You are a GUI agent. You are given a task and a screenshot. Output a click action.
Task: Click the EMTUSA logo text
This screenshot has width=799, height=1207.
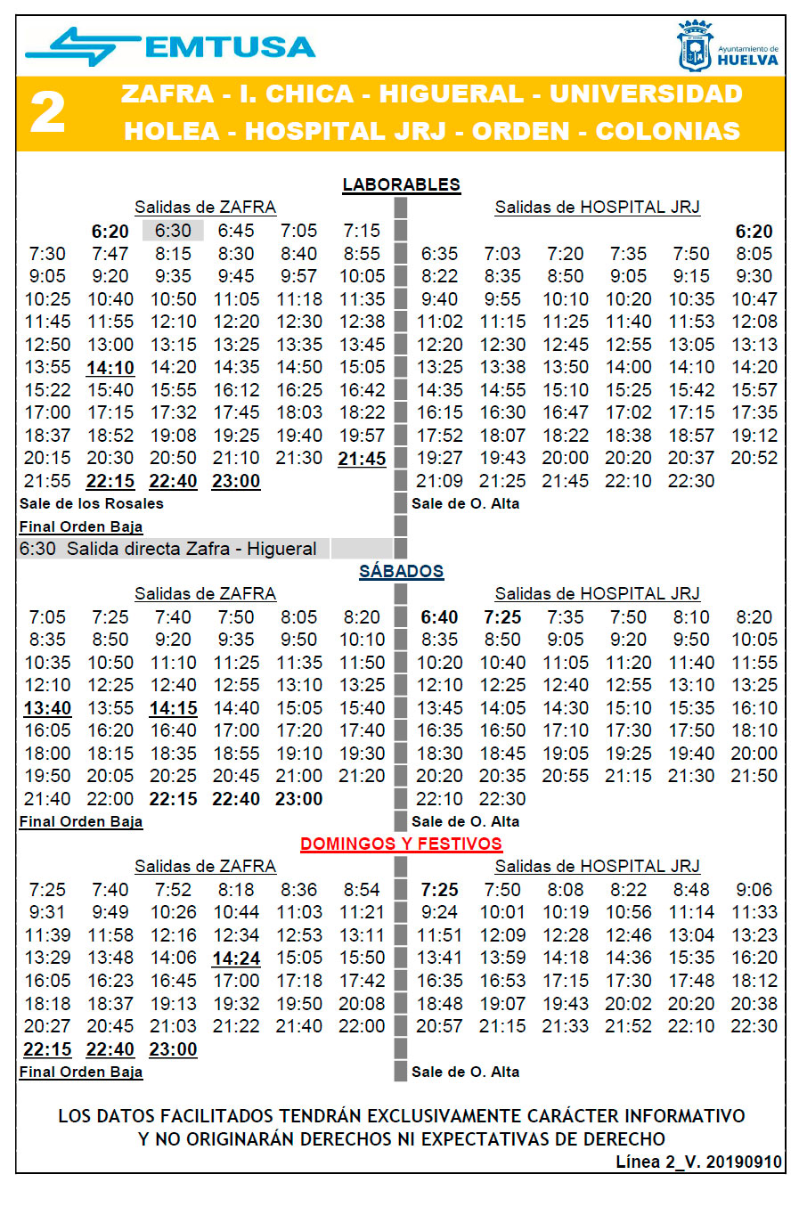[230, 46]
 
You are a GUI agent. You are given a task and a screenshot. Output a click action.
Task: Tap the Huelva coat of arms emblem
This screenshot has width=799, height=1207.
[695, 46]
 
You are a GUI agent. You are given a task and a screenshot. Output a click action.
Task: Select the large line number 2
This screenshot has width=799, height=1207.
[47, 113]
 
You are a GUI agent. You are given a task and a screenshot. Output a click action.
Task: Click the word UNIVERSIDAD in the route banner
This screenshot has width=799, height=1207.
[646, 94]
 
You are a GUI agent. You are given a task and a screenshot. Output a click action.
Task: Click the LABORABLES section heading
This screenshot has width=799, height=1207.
[402, 184]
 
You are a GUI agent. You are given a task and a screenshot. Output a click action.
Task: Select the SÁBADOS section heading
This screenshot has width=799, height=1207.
[402, 571]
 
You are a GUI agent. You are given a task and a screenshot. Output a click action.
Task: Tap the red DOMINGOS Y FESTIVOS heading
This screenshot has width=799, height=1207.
[401, 844]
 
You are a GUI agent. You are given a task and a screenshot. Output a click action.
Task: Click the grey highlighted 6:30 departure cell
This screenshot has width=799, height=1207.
[173, 231]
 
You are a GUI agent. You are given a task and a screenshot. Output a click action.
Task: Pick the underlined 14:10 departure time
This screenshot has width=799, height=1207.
[110, 368]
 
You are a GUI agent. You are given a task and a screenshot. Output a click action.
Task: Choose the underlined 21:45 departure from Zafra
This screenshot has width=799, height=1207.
[362, 459]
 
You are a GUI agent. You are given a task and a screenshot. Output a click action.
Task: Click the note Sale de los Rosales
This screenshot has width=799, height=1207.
[92, 503]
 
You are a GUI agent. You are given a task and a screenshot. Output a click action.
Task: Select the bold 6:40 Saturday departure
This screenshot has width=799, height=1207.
[439, 617]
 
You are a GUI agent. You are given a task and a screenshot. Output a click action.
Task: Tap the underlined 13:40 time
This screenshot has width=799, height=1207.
[47, 708]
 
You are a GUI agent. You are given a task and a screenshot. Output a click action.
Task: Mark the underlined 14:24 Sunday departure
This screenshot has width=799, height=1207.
[236, 958]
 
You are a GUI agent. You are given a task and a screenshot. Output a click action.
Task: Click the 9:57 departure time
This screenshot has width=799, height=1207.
[298, 276]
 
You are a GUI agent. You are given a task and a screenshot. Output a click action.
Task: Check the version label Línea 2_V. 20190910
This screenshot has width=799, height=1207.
[698, 1162]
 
